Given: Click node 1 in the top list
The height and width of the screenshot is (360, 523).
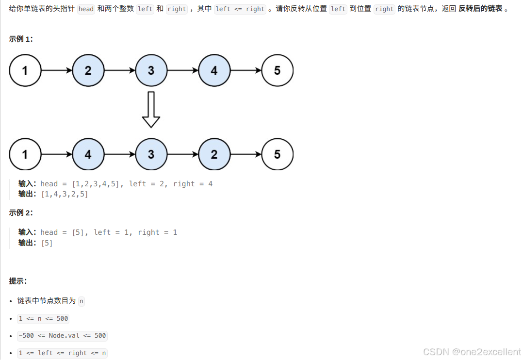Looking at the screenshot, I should point(25,70).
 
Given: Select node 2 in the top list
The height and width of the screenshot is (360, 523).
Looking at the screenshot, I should point(88,70).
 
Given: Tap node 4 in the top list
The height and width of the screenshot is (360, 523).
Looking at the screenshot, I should point(214,70).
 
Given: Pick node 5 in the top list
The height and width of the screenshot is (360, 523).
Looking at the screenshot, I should point(277,70).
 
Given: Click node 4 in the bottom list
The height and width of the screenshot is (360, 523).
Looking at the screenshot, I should point(88,154).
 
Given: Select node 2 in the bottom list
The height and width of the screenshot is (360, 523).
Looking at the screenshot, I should point(214,154).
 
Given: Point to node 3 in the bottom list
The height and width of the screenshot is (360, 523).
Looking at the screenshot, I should point(151,154).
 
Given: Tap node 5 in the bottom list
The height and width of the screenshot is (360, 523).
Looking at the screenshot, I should point(277,154).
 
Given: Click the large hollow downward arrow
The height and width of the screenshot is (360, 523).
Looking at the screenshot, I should point(151,110).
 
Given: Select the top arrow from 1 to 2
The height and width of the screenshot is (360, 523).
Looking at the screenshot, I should point(56,70).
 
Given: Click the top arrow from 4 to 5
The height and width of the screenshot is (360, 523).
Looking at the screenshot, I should point(245,70).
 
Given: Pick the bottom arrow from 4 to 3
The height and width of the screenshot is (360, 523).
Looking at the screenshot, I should point(119,154).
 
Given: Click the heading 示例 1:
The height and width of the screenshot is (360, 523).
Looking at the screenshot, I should point(21,39).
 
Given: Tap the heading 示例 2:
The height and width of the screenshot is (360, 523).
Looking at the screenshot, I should point(21,213).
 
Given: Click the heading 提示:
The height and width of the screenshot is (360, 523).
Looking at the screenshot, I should point(18,281).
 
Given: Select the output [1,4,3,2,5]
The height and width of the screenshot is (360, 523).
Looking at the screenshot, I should point(65,194).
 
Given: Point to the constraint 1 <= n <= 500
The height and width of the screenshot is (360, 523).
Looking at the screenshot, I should point(43,319).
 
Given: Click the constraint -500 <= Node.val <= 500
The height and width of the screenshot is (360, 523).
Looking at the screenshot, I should point(62,336).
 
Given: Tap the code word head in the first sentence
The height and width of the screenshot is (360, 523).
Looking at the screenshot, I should point(86,9).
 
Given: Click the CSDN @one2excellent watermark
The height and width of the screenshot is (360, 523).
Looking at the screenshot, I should point(472,352).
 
